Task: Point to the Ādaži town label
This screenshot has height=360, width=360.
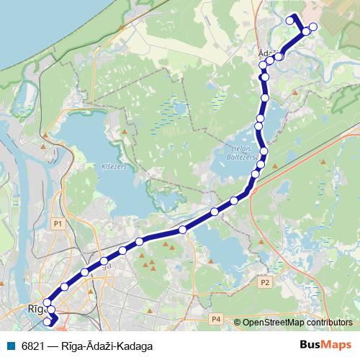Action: coord(267,53)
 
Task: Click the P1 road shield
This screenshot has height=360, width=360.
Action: coord(59,225)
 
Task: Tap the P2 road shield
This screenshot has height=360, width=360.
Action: coord(265,282)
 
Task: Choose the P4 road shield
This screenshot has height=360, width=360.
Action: coord(216,318)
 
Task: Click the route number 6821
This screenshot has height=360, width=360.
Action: coord(32,346)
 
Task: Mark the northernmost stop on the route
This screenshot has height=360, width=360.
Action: coord(291,20)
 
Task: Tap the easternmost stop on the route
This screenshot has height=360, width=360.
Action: coord(312,28)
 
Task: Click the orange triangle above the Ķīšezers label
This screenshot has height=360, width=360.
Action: coord(125,132)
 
